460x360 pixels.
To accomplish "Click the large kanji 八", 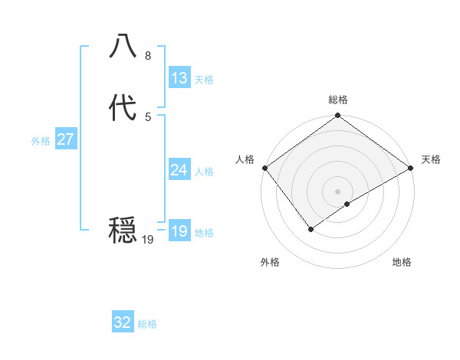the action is pos(123,47).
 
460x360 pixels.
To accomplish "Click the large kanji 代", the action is pos(123,108).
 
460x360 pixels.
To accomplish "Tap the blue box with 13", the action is pos(179,78).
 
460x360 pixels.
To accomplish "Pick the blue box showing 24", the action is pos(179,170).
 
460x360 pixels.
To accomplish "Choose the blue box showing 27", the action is pos(65,139).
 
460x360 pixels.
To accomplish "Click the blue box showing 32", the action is pos(123,322).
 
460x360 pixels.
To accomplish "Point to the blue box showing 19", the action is pos(179,231).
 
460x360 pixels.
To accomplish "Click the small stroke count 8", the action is pos(148,56).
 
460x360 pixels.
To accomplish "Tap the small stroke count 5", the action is pos(148,116).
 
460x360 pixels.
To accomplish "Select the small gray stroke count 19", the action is pos(148,240).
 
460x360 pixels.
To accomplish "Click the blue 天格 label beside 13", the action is pos(204,80).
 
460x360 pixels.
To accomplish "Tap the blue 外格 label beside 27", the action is pos(41,141).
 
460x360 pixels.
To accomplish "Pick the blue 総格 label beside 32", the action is pos(148,324).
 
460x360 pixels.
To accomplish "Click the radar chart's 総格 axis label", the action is pos(338,100).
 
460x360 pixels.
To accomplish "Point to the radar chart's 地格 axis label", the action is pos(402,263).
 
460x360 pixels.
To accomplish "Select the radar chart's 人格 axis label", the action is pos(245,159).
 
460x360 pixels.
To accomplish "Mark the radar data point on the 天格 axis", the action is pos(411,168).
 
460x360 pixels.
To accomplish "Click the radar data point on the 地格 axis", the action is pos(347,204).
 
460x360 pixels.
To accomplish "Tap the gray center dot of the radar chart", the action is pos(338,191).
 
